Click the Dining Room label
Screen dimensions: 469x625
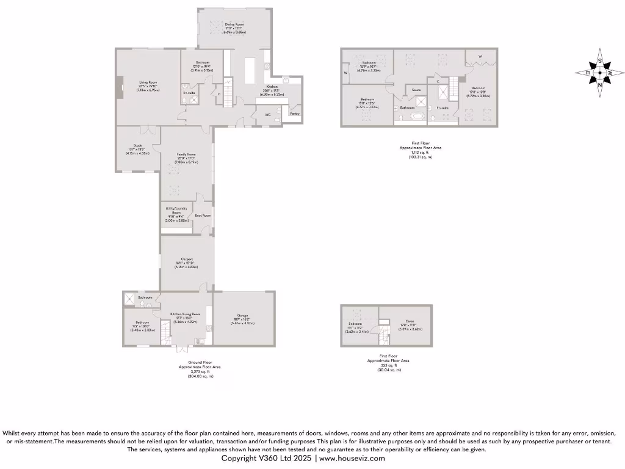235,24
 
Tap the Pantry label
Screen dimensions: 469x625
294,114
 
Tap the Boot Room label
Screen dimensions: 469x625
203,216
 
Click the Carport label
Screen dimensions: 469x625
186,259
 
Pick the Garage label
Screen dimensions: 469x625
242,316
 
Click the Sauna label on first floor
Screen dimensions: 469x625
416,90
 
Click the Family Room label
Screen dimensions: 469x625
186,155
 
